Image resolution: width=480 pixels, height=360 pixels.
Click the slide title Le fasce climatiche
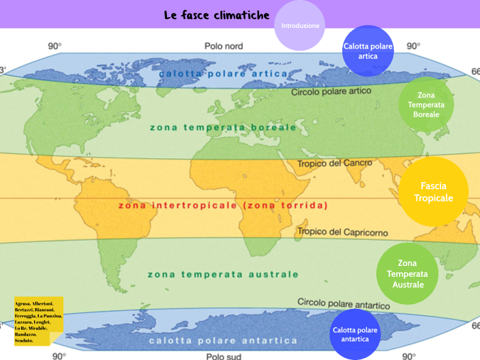click(216, 15)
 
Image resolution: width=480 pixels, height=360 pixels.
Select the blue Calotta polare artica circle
click(368, 51)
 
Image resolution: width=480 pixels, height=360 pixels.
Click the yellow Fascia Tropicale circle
click(433, 192)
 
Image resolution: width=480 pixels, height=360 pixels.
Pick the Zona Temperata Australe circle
click(407, 273)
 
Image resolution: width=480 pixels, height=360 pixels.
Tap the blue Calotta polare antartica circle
click(355, 334)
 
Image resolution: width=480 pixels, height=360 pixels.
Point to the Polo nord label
click(224, 46)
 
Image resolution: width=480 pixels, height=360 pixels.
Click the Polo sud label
click(224, 355)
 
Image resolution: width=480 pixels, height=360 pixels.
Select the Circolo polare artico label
click(331, 91)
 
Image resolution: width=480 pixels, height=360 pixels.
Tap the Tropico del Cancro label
click(335, 164)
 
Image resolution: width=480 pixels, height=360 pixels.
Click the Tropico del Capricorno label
click(342, 232)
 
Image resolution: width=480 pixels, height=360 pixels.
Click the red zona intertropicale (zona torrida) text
click(223, 205)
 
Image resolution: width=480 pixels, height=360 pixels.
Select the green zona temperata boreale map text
click(223, 127)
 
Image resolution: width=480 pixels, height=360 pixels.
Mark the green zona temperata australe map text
click(223, 274)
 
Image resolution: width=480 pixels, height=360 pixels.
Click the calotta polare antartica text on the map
click(223, 340)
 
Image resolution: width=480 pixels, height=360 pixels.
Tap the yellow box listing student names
click(38, 315)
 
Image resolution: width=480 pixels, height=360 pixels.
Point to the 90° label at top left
click(55, 46)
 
